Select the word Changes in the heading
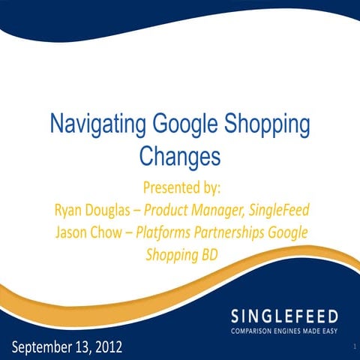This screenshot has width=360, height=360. pos(179,156)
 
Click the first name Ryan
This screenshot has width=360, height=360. pos(70,208)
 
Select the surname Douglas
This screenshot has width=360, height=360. pos(118,208)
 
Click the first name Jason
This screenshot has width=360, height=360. pos(75,230)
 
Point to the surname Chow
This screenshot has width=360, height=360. pos(115,230)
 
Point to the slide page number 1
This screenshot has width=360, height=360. pos(350,349)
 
